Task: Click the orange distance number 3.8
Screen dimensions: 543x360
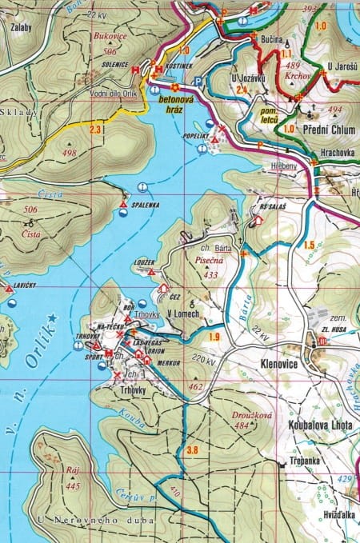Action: click(192, 451)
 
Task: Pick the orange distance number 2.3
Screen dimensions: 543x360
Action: click(96, 129)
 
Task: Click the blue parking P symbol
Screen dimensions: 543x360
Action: click(197, 81)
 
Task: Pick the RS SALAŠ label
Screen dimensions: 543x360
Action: click(272, 206)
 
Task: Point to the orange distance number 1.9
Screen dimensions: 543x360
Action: click(213, 337)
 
